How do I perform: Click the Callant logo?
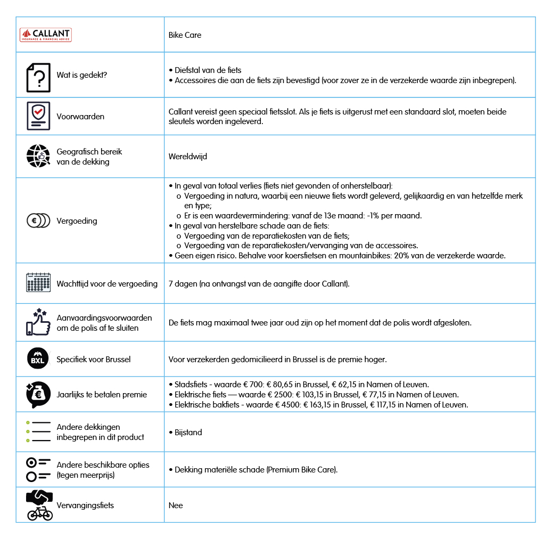pyautogui.click(x=45, y=35)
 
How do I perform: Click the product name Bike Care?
pyautogui.click(x=185, y=35)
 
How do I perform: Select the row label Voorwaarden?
pyautogui.click(x=80, y=116)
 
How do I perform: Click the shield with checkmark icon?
pyautogui.click(x=38, y=116)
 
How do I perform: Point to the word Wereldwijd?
pyautogui.click(x=187, y=157)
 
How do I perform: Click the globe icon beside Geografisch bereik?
pyautogui.click(x=38, y=157)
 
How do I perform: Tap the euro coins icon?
pyautogui.click(x=38, y=221)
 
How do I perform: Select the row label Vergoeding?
pyautogui.click(x=77, y=221)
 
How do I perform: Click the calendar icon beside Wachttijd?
pyautogui.click(x=38, y=283)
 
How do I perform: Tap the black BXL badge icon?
pyautogui.click(x=38, y=359)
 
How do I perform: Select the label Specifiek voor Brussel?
pyautogui.click(x=94, y=359)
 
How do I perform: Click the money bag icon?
pyautogui.click(x=38, y=395)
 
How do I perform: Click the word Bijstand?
pyautogui.click(x=188, y=432)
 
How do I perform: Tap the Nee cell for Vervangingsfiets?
pyautogui.click(x=176, y=505)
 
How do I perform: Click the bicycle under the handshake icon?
pyautogui.click(x=40, y=513)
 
